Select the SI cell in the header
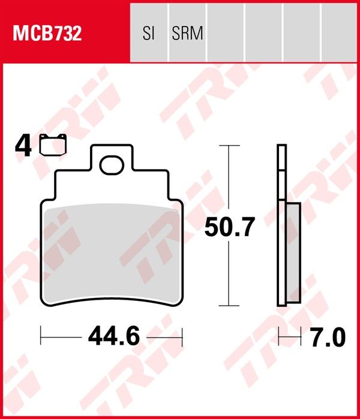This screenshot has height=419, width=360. click(149, 34)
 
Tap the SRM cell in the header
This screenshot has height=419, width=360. click(187, 34)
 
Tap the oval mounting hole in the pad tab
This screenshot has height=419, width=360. click(112, 165)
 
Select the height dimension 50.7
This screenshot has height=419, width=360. click(230, 227)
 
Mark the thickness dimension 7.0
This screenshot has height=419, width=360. click(326, 338)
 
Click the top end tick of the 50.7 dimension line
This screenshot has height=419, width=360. click(229, 146)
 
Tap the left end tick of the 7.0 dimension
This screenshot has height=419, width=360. click(278, 338)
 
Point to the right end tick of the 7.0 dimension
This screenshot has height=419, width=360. click(300, 338)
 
